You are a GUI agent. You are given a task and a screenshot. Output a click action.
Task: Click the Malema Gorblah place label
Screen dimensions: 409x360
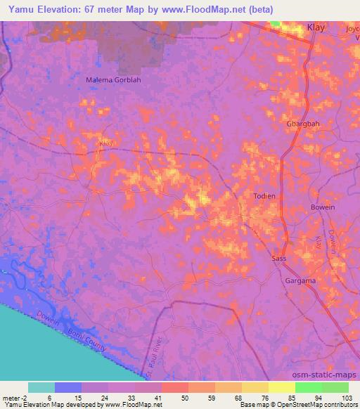113,80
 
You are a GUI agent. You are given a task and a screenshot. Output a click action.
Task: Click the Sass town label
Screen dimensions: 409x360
279,259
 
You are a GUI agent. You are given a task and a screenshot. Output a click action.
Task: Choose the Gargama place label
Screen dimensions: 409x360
301,280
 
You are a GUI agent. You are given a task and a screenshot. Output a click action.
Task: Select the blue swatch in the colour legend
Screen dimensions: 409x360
67,387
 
